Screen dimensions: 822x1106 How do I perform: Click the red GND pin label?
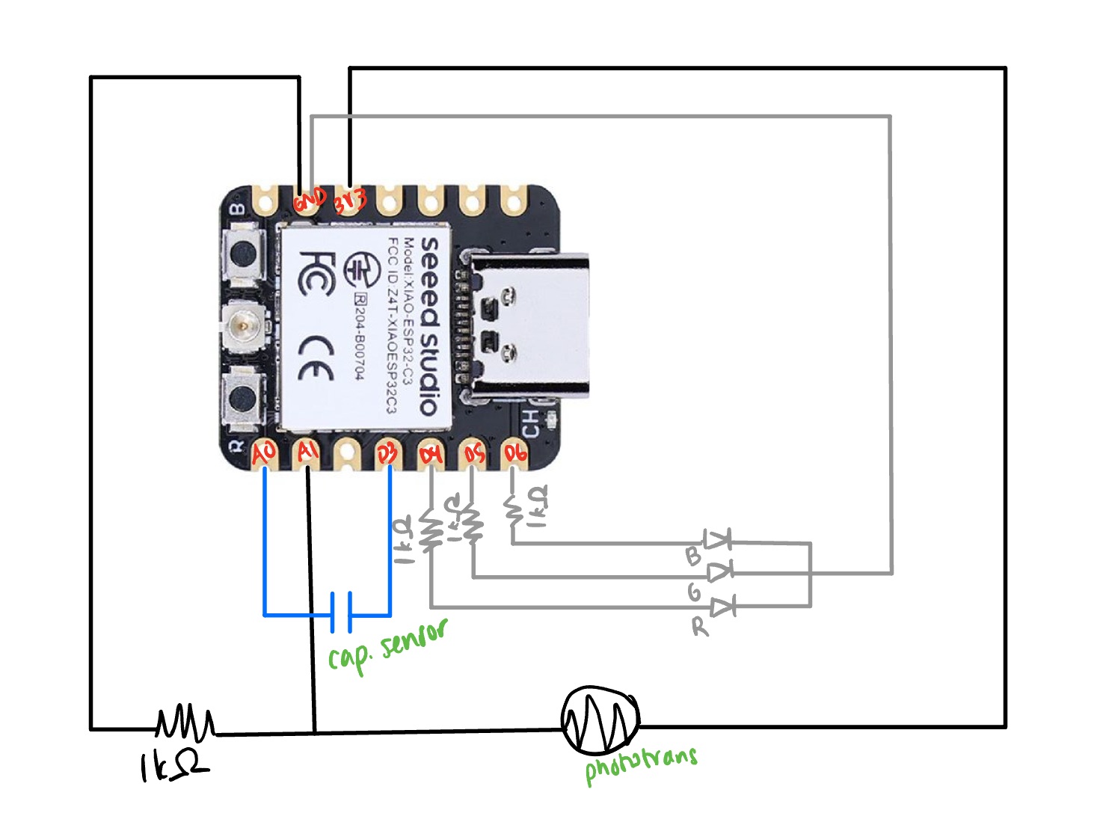click(309, 200)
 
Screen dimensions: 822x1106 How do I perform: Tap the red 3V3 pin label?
click(350, 200)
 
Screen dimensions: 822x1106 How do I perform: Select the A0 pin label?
click(264, 453)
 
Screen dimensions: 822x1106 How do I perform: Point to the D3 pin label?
click(387, 453)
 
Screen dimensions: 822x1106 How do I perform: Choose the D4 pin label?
click(431, 454)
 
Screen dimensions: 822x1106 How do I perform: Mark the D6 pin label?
click(515, 453)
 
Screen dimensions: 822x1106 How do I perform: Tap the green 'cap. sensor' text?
click(387, 645)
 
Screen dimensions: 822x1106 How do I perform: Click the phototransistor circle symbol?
click(600, 720)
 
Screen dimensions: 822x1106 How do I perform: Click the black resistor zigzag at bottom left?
click(185, 723)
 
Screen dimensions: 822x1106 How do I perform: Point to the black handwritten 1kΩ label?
click(173, 766)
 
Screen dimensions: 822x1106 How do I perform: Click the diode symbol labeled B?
click(717, 539)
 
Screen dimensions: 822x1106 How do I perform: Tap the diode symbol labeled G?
click(719, 572)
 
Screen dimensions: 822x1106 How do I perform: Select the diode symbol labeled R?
click(722, 606)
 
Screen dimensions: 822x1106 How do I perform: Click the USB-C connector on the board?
click(527, 325)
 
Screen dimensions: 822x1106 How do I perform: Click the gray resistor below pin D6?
click(513, 511)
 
